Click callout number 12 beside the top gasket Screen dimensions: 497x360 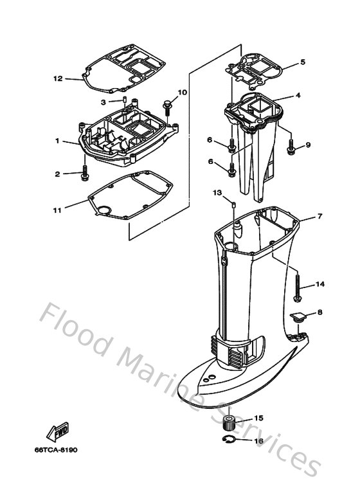[58, 78]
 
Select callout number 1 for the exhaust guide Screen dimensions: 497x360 [57, 141]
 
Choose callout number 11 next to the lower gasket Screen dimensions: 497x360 [59, 210]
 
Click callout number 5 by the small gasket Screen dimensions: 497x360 [302, 63]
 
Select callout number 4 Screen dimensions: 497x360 [298, 96]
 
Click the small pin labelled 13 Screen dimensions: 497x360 [235, 205]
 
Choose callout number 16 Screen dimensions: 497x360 [259, 441]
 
